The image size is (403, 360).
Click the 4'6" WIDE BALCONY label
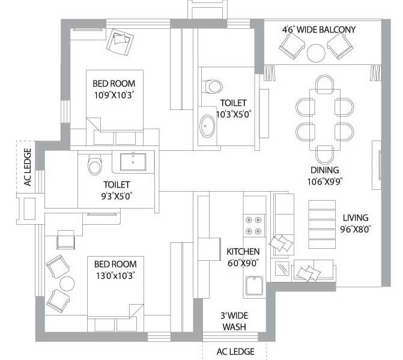pyautogui.click(x=319, y=29)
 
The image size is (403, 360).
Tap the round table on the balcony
pyautogui.click(x=316, y=53)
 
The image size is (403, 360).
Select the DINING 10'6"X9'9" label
pyautogui.click(x=324, y=175)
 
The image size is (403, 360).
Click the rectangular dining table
pyautogui.click(x=324, y=119)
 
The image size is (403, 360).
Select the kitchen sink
pyautogui.click(x=253, y=285)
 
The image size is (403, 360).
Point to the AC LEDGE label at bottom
pyautogui.click(x=234, y=352)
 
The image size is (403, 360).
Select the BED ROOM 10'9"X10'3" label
pyautogui.click(x=114, y=89)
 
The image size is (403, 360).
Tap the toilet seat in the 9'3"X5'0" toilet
pyautogui.click(x=94, y=164)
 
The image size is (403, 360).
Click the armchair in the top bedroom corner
pyautogui.click(x=119, y=41)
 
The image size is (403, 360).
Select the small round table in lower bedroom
pyautogui.click(x=66, y=282)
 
